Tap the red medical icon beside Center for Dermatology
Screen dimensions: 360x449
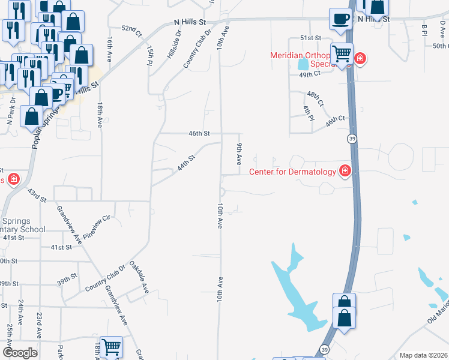pyautogui.click(x=345, y=172)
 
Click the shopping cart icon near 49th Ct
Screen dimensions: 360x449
pyautogui.click(x=342, y=54)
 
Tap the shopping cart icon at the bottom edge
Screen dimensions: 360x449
pyautogui.click(x=112, y=347)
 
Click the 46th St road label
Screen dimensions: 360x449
pyautogui.click(x=199, y=133)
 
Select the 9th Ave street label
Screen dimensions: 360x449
pyautogui.click(x=239, y=154)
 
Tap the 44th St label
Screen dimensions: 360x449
pyautogui.click(x=186, y=163)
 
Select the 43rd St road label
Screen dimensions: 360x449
pyautogui.click(x=37, y=195)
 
